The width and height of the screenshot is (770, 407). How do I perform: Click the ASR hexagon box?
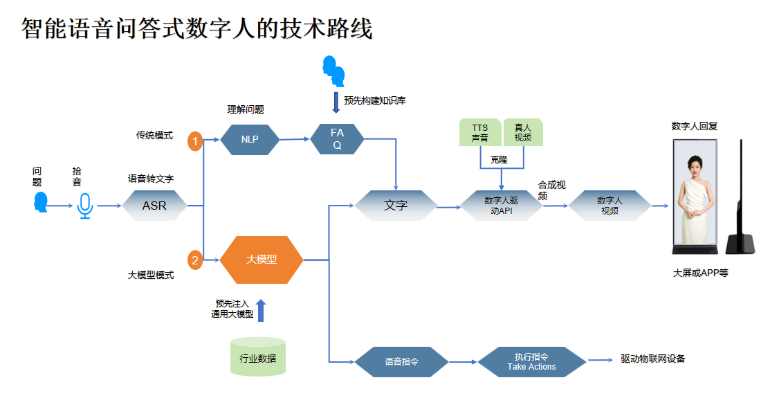(154, 206)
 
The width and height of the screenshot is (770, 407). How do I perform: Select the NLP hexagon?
(250, 139)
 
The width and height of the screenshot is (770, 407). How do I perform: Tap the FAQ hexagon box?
(337, 139)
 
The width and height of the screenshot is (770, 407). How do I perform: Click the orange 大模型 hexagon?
(262, 260)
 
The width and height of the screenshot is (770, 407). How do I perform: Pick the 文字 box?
(396, 206)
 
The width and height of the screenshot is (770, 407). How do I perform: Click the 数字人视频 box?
(609, 206)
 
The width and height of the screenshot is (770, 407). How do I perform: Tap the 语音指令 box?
(402, 361)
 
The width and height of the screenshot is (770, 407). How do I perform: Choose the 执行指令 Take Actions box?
(531, 361)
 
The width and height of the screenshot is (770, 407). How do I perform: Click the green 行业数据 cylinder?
(257, 357)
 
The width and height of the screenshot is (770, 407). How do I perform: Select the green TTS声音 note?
(479, 132)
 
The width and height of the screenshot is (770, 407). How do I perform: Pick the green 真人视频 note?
(523, 132)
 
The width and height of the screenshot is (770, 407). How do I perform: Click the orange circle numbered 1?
(195, 142)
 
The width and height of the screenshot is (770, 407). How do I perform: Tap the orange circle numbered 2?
(195, 261)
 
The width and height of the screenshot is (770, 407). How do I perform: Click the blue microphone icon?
(85, 206)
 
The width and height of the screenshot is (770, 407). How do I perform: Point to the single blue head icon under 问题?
(41, 203)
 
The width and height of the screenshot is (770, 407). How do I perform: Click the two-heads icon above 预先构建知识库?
(334, 70)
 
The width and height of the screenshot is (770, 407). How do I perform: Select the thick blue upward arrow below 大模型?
(261, 311)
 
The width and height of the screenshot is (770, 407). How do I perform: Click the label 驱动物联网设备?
(653, 359)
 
